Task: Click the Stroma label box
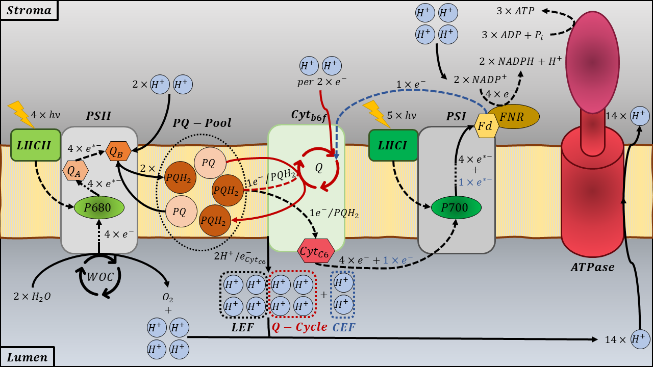[x=29, y=10]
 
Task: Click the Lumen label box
[x=27, y=357]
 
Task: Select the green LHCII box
[x=36, y=145]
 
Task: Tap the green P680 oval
[x=99, y=207]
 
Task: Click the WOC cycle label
[x=97, y=278]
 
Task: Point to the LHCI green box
[x=393, y=145]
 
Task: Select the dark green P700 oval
[x=457, y=207]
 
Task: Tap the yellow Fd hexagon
[x=487, y=126]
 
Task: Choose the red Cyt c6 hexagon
[x=316, y=251]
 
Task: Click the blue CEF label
[x=344, y=327]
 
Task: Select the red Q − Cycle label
[x=299, y=327]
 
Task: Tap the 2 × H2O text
[x=33, y=296]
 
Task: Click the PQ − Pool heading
[x=202, y=123]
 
